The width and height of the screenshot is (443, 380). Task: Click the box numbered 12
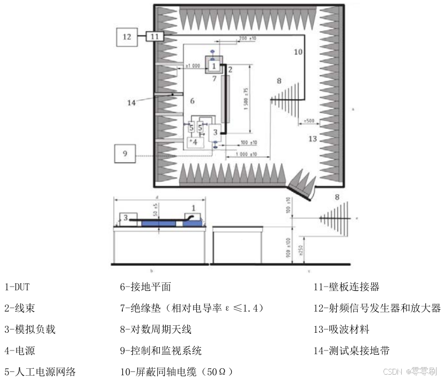127,37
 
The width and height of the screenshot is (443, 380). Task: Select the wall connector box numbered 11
154,36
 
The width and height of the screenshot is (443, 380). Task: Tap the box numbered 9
125,154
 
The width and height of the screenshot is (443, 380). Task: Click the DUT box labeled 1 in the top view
214,65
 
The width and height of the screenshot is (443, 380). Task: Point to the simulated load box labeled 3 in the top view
216,131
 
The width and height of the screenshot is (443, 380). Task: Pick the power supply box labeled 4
195,142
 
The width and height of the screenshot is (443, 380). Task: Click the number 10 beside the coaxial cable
298,52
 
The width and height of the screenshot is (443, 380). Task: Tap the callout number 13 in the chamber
313,139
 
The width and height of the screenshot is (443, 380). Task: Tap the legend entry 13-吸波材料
341,330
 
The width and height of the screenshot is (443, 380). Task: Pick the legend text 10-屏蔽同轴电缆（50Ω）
176,371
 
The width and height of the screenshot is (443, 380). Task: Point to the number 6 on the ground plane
193,100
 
